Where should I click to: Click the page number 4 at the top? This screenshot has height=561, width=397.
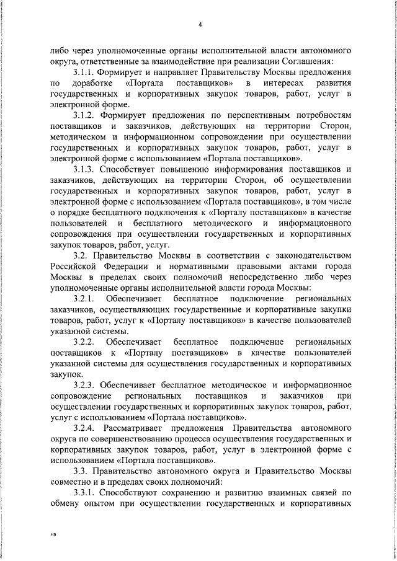click(200, 24)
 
